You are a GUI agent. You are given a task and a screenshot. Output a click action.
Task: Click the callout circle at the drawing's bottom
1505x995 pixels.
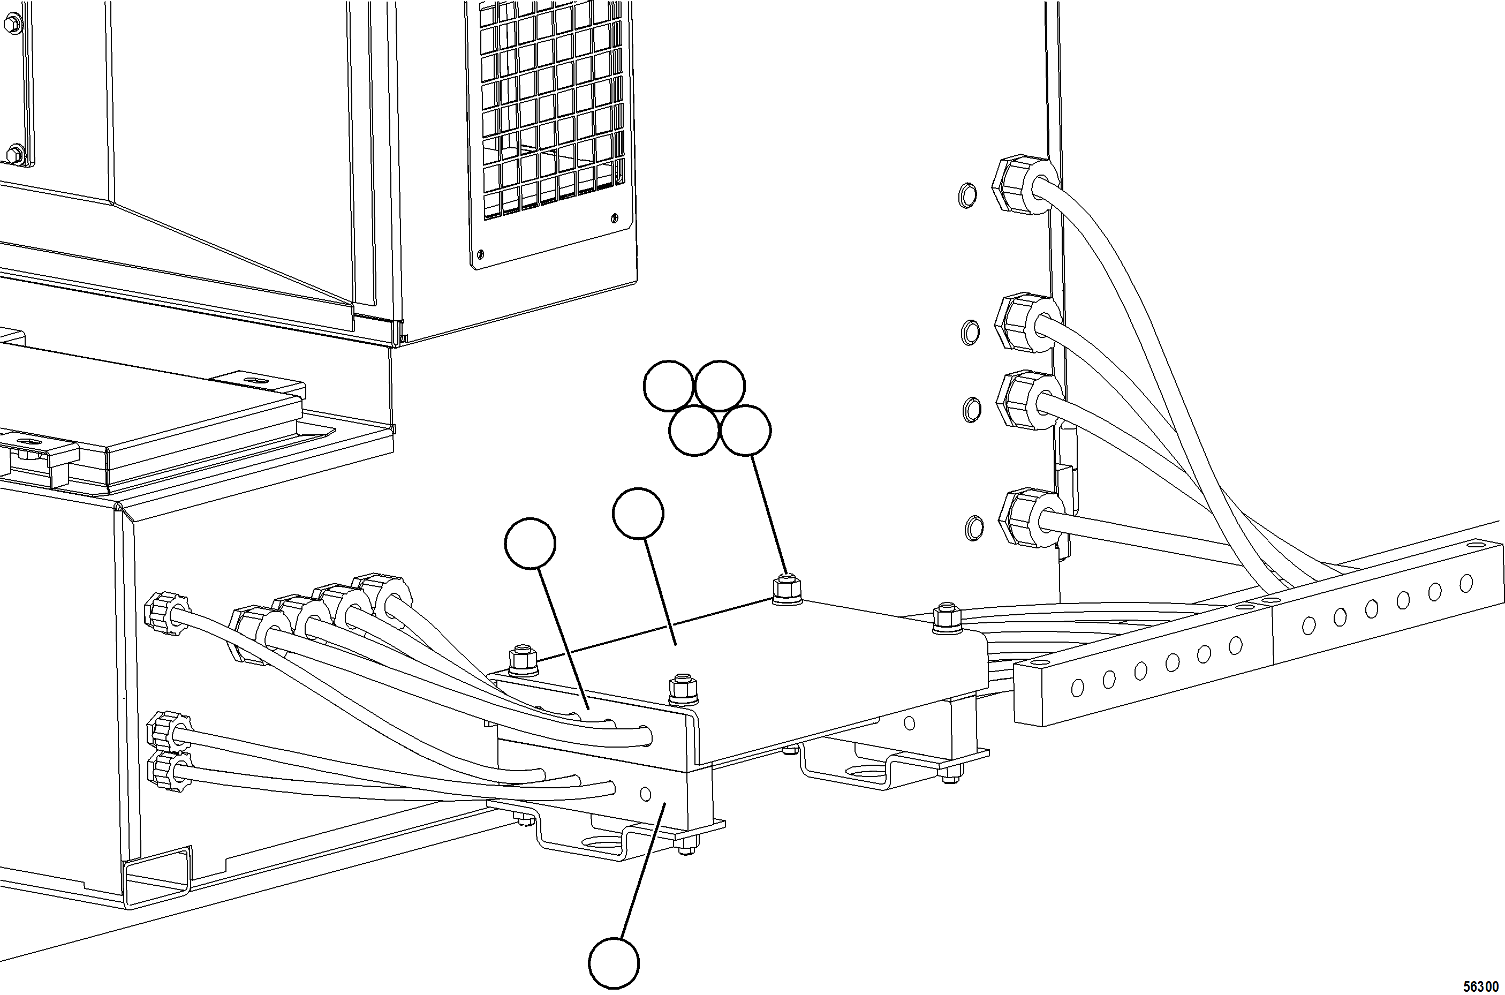[x=613, y=963]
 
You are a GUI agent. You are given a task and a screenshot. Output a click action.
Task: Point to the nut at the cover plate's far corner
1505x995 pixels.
[x=786, y=590]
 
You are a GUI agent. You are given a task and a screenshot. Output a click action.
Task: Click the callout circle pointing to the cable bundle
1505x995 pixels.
[x=530, y=543]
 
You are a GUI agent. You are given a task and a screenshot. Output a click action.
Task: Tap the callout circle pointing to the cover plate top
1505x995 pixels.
[x=638, y=514]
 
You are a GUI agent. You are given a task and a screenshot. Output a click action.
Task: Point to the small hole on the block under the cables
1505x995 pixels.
[x=646, y=793]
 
